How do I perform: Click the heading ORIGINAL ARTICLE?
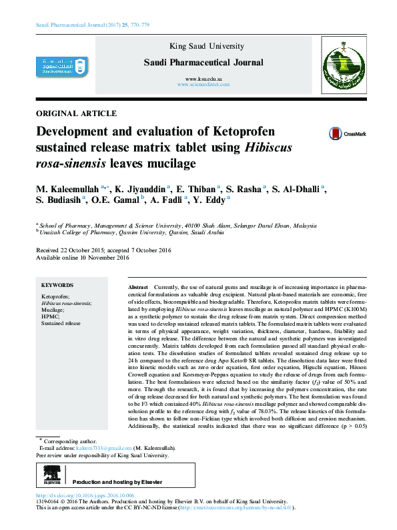click(x=75, y=113)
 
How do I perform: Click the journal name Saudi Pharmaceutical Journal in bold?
click(x=204, y=63)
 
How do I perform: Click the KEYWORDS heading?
click(x=57, y=284)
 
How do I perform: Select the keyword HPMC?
click(x=50, y=316)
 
